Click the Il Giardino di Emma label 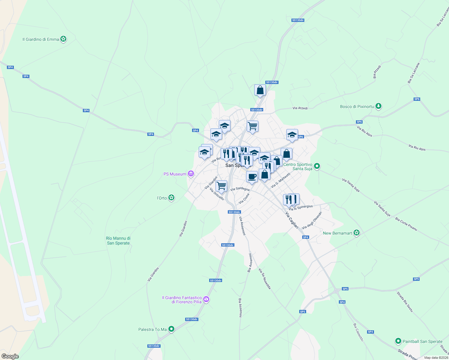(x=41, y=39)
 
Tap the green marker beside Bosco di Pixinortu (x=378, y=106)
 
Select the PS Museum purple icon (x=190, y=174)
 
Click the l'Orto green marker (x=171, y=198)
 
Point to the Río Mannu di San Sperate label (x=118, y=241)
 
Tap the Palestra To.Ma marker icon (x=171, y=329)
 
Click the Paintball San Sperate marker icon (x=398, y=341)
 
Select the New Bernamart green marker (x=356, y=233)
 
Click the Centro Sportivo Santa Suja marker (x=317, y=166)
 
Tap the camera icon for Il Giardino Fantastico (x=206, y=299)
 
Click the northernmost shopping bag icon (x=260, y=90)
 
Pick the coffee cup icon (x=252, y=176)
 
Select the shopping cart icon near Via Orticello (x=221, y=186)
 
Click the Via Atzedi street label (x=300, y=108)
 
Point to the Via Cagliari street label (x=292, y=220)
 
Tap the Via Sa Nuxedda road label (x=265, y=279)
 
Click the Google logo (x=10, y=356)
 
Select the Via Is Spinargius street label (x=301, y=208)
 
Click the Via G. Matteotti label (x=281, y=180)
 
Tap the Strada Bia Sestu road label (x=405, y=302)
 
